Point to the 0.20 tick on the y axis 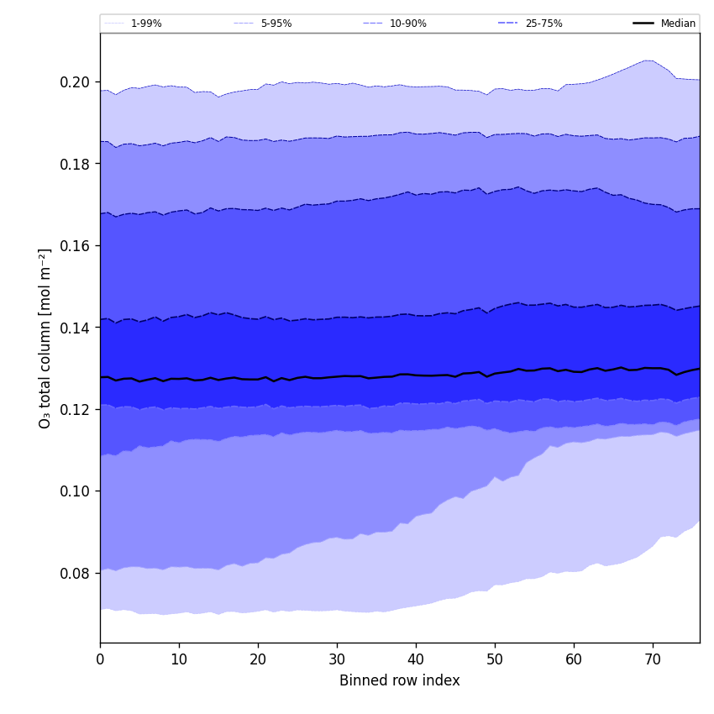click(75, 82)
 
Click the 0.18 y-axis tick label click(75, 164)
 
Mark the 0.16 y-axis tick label click(75, 245)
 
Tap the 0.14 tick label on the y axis click(75, 328)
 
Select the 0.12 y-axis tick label click(75, 409)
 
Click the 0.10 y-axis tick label click(75, 491)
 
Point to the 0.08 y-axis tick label click(75, 573)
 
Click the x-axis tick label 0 click(100, 659)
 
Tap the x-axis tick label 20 click(258, 659)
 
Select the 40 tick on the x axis click(416, 659)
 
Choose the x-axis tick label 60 click(574, 659)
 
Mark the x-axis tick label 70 click(653, 659)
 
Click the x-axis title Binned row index click(400, 680)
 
